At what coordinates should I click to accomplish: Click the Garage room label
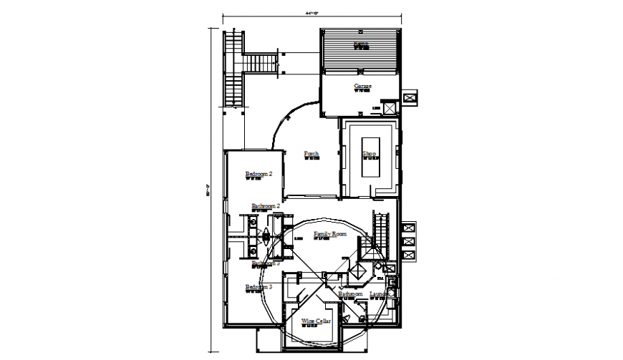[x=362, y=87]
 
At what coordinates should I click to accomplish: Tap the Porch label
[x=311, y=154]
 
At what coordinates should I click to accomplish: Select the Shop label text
[x=369, y=154]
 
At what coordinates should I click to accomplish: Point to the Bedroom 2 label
[x=259, y=174]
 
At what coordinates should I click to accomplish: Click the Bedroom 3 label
[x=259, y=288]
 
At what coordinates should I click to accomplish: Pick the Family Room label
[x=329, y=234]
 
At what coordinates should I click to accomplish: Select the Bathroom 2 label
[x=265, y=206]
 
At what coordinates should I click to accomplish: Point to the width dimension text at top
[x=311, y=13]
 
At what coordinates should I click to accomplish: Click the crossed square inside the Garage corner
[x=389, y=108]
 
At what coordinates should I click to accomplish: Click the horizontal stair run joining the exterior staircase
[x=261, y=64]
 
